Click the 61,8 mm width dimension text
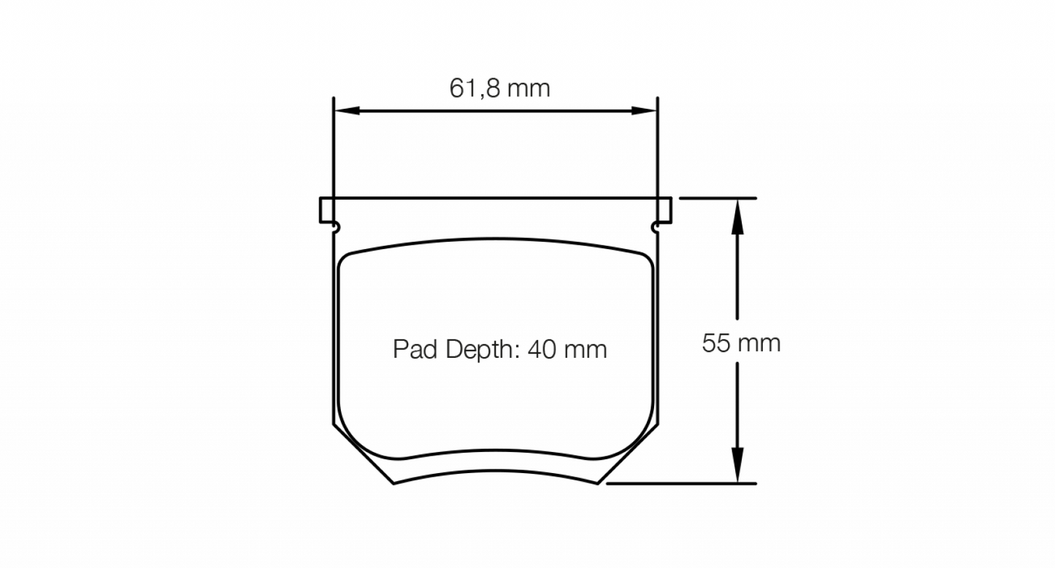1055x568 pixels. pos(499,88)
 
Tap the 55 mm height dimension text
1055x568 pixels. pos(740,342)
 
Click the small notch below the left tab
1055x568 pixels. pos(335,229)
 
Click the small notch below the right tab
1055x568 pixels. pos(656,229)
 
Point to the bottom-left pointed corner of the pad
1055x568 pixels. pos(394,483)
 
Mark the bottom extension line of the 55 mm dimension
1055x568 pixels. pos(683,483)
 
